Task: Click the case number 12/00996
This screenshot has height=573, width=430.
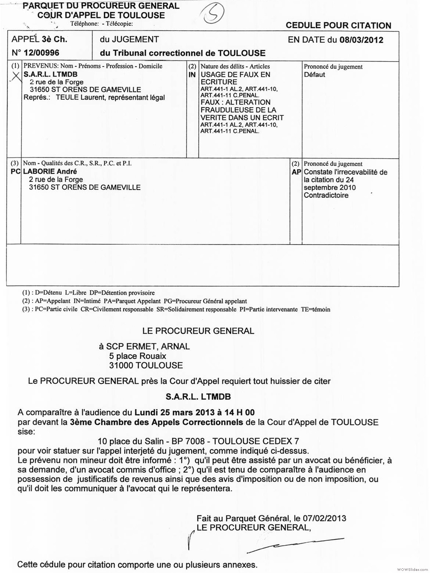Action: (41, 53)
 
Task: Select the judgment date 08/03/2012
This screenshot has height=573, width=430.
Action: (361, 40)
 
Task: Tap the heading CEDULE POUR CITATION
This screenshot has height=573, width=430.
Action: (338, 25)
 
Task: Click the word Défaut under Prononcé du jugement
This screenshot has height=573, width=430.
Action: (314, 74)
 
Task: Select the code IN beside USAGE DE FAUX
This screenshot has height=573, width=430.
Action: (192, 74)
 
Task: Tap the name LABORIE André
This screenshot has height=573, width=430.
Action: (50, 172)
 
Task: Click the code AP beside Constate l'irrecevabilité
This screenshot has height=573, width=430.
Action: (296, 172)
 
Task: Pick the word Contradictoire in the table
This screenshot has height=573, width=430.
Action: (326, 195)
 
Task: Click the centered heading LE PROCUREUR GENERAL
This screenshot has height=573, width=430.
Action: (198, 331)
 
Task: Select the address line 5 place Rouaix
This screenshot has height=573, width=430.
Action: (138, 356)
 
